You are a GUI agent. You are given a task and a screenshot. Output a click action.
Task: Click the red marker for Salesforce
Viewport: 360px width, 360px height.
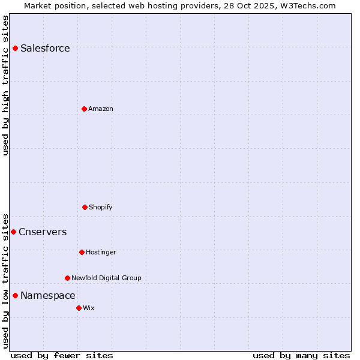(15, 48)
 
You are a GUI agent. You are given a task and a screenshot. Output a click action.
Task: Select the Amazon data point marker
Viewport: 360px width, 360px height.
(84, 109)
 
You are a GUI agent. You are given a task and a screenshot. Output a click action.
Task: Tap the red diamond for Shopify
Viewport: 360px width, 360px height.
(85, 207)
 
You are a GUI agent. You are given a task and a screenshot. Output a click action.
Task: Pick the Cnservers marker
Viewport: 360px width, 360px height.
(13, 232)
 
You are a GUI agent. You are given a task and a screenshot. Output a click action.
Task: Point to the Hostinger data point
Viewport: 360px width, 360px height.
(82, 252)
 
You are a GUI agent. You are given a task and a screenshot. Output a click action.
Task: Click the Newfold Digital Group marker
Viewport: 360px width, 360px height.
(67, 278)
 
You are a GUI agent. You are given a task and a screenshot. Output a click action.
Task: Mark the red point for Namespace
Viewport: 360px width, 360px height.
(15, 295)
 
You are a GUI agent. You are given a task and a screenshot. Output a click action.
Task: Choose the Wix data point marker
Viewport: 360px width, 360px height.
(79, 308)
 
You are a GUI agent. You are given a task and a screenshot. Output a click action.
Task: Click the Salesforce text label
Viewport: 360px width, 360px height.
(45, 48)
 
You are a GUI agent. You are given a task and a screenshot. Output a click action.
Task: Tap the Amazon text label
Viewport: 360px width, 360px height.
(101, 109)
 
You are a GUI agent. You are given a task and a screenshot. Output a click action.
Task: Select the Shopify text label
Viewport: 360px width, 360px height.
(101, 207)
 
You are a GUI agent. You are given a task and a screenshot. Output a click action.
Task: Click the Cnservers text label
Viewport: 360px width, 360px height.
(43, 232)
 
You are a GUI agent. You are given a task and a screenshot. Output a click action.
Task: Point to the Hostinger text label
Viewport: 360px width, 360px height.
(101, 252)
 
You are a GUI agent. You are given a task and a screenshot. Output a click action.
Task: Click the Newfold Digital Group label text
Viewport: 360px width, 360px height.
(106, 278)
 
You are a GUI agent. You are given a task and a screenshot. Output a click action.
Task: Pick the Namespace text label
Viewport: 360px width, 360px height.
(48, 295)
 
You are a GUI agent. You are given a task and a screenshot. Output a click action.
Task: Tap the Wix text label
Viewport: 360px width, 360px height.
(89, 308)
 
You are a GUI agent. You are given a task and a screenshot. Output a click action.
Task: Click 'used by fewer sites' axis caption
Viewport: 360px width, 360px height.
(61, 355)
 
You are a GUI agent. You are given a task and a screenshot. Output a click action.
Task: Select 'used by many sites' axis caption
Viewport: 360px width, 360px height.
(301, 355)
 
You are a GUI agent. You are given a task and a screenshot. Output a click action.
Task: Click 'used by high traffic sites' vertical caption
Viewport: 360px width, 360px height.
(5, 85)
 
